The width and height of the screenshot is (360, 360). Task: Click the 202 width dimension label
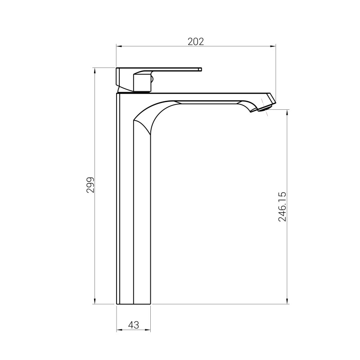pyautogui.click(x=196, y=41)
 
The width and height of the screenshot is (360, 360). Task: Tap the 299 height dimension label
pyautogui.click(x=90, y=185)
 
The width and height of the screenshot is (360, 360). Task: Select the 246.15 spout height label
pyautogui.click(x=282, y=207)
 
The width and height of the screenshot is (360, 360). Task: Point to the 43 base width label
pyautogui.click(x=134, y=325)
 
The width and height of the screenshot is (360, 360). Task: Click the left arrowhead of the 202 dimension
pyautogui.click(x=119, y=46)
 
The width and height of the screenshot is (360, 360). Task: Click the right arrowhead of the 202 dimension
pyautogui.click(x=273, y=46)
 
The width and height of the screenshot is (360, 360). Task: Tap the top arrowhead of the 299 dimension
pyautogui.click(x=95, y=71)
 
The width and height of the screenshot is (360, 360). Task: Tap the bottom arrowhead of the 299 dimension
pyautogui.click(x=95, y=301)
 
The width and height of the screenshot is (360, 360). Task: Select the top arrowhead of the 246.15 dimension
pyautogui.click(x=288, y=113)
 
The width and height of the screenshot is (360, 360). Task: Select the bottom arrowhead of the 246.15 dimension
pyautogui.click(x=288, y=301)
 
